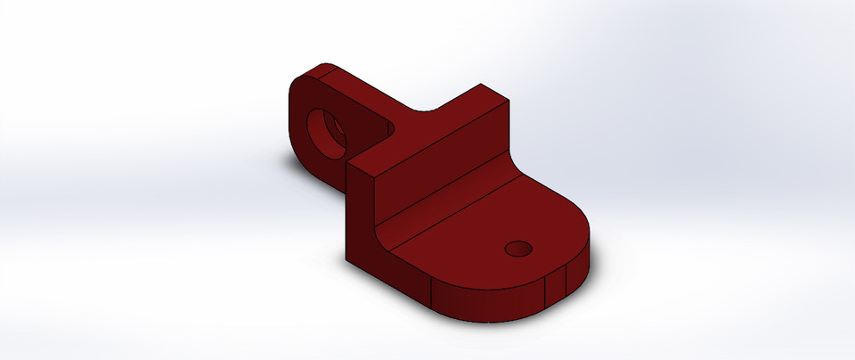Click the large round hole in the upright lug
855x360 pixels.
coord(326,131)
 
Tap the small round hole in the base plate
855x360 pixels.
coord(517,248)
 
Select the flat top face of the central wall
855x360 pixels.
coord(427,127)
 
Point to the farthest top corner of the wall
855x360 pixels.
coord(482,85)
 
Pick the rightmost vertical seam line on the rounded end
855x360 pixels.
coord(567,281)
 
